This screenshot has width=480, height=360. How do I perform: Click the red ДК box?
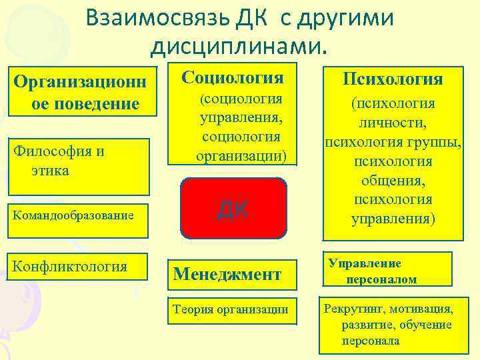(233, 208)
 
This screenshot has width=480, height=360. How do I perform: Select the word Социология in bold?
(233, 77)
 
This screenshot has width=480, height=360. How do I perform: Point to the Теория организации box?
(231, 309)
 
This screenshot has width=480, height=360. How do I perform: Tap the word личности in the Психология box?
(393, 123)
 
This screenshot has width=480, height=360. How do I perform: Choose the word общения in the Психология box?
(393, 181)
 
